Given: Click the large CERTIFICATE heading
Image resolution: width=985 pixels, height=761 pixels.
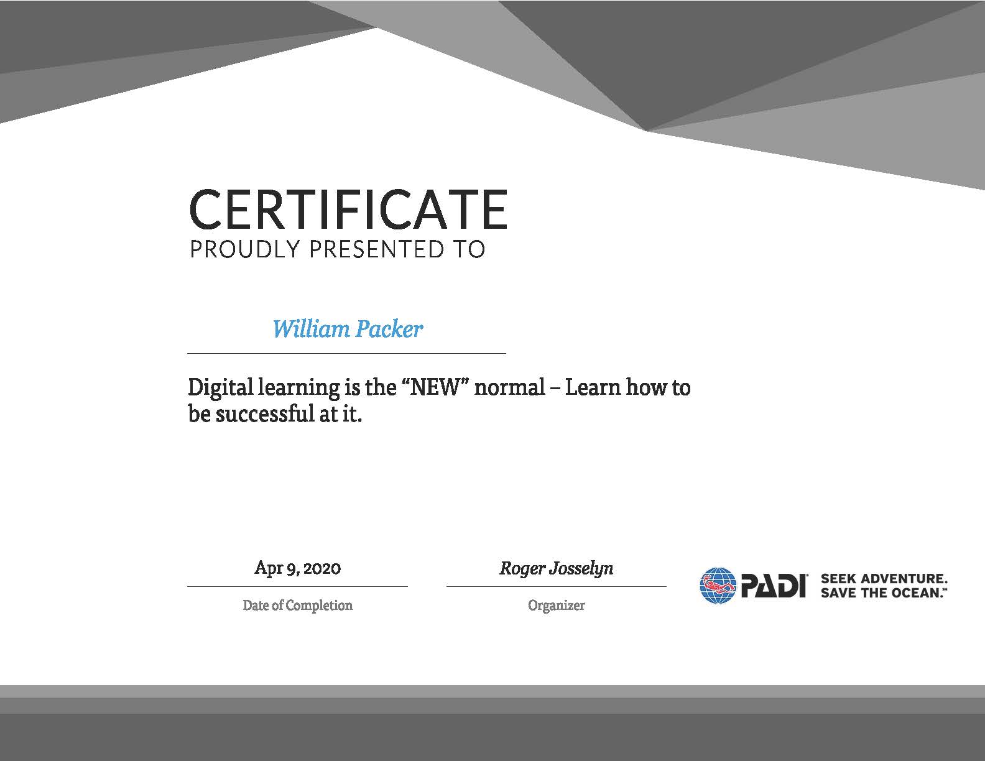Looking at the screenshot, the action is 348,210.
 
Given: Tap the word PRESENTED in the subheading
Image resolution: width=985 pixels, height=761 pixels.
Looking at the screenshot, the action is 377,249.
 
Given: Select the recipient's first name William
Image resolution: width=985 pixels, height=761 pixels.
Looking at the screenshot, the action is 311,329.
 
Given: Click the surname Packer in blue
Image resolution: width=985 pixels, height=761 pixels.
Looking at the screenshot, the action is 389,329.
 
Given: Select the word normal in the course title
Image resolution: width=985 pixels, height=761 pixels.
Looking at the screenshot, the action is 510,388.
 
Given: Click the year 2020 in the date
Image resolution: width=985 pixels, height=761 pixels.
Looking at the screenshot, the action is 322,568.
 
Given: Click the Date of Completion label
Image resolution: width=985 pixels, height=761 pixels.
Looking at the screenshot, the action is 298,606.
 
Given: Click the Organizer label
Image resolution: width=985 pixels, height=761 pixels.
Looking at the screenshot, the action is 556,606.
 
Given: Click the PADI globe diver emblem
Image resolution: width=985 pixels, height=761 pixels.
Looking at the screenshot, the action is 718,586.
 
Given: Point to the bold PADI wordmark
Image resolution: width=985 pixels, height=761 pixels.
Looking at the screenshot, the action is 774,586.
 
